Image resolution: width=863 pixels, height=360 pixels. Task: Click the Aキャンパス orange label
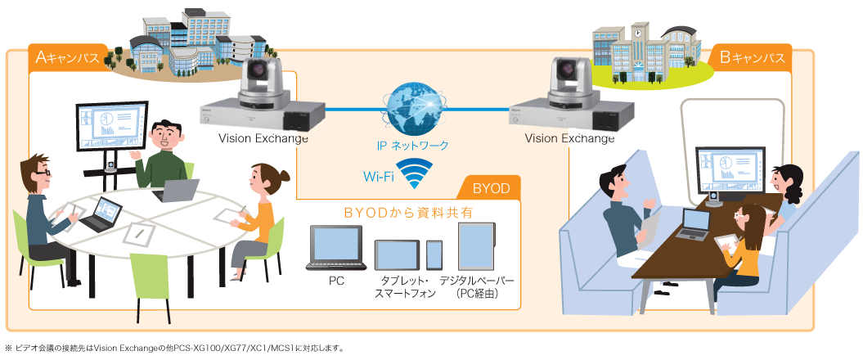coord(68,57)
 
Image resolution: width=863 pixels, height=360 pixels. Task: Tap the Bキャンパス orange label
coord(753,57)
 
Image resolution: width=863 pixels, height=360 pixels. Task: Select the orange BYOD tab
coord(491,188)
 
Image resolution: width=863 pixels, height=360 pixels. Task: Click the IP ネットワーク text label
coord(412,146)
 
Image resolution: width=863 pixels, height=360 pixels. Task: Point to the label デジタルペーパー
coord(476,281)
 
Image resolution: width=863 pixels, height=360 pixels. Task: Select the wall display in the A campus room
coord(112,127)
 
